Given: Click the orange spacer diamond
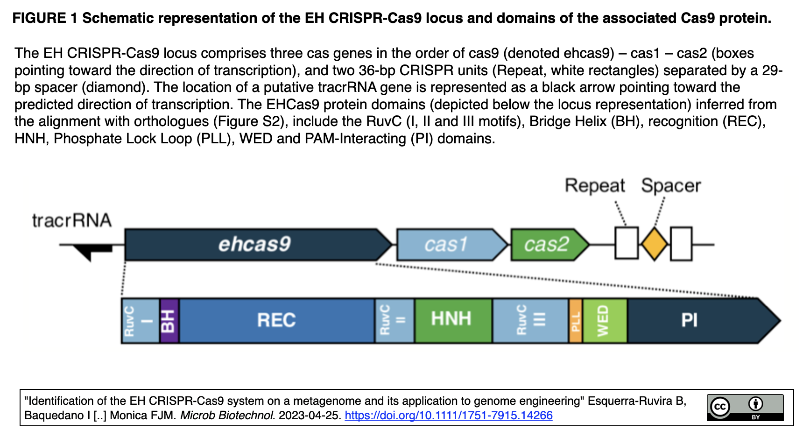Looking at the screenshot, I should point(654,244).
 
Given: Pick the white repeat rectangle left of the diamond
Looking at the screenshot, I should point(626,243).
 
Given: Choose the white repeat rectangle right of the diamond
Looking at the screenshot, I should point(681,243).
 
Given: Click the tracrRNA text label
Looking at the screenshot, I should point(71,220).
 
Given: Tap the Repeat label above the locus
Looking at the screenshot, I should point(594,186).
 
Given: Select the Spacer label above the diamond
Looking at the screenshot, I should point(670,186).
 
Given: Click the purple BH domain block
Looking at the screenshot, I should point(169,321).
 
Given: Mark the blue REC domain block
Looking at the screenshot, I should point(276,321).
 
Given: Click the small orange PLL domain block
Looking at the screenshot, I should point(576,321).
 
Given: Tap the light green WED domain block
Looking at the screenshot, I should point(604,321).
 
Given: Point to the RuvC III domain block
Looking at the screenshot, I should point(530,321).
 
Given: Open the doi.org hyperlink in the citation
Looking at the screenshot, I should point(448,415).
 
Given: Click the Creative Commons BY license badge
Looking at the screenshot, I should point(745,408).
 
